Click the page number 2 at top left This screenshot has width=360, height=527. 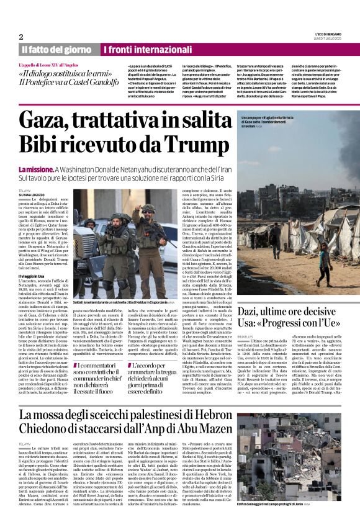point(21,37)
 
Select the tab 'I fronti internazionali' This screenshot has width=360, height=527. point(139,49)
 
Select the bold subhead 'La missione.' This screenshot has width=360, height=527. point(36,169)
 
